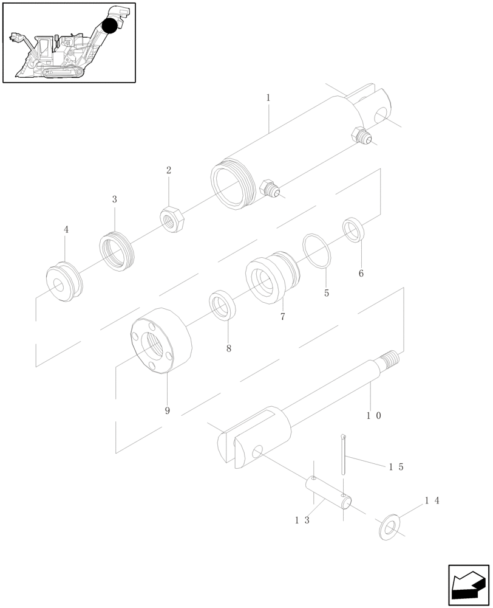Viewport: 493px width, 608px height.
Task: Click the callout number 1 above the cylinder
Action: [268, 97]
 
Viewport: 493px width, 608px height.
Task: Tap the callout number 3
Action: [114, 199]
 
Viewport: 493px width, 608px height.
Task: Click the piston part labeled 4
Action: [63, 282]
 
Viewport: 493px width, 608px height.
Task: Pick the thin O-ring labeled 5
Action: [316, 249]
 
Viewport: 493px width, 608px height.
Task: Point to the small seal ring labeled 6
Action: [353, 228]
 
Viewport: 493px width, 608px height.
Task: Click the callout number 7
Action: [282, 317]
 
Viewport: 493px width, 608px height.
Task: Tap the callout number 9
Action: [167, 410]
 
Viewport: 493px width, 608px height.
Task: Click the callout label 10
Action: [373, 416]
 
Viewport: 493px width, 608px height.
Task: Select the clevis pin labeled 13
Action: [327, 491]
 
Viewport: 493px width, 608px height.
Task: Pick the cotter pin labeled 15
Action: [344, 454]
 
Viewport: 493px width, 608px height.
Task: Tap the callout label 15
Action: [396, 467]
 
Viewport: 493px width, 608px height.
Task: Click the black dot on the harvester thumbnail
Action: [109, 26]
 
